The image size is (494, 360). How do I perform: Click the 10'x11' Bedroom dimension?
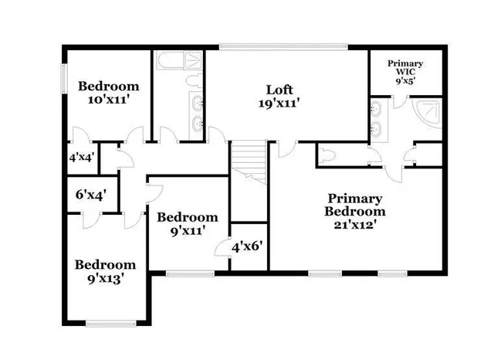[x=109, y=100]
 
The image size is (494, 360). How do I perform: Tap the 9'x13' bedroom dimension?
[x=105, y=278]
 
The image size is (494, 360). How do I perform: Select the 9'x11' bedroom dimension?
[x=186, y=230]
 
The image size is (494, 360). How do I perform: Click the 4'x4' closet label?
[x=82, y=157]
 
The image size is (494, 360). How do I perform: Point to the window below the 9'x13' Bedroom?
[x=106, y=323]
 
